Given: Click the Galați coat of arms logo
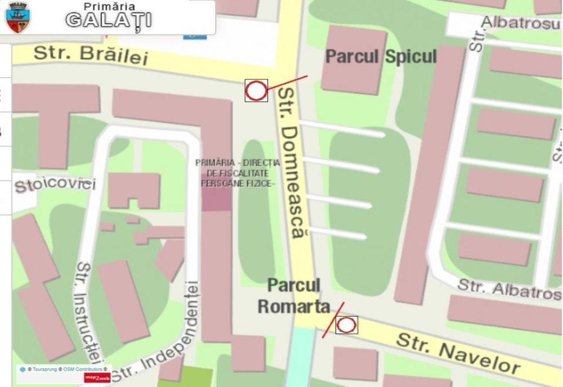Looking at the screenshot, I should [x=17, y=17].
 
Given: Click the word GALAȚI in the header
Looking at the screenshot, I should [x=108, y=20].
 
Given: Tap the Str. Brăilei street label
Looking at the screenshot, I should [x=90, y=55].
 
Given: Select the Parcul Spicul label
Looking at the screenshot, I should [x=381, y=57].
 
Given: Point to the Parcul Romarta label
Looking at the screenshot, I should [x=293, y=296].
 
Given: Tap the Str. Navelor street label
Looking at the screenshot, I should [x=457, y=353].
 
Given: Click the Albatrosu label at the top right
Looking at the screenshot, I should [x=521, y=22].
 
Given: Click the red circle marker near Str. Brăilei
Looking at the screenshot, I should [x=256, y=91].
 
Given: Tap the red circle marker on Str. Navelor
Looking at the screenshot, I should [x=346, y=325].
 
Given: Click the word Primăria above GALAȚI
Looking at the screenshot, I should [x=108, y=6].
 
